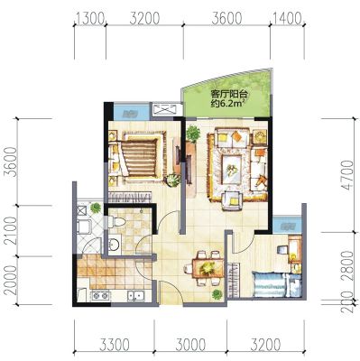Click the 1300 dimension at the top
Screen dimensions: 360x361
pyautogui.click(x=90, y=19)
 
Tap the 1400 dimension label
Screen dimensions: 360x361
pyautogui.click(x=286, y=19)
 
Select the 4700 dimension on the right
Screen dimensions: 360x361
pyautogui.click(x=348, y=175)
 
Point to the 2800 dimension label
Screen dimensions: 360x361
pyautogui.click(x=348, y=265)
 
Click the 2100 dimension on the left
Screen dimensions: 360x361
pyautogui.click(x=11, y=231)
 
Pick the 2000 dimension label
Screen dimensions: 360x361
pyautogui.click(x=11, y=281)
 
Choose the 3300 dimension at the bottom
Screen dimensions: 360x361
pyautogui.click(x=115, y=345)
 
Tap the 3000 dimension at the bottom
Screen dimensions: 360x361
pyautogui.click(x=190, y=345)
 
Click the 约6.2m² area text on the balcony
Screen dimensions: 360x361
pyautogui.click(x=227, y=104)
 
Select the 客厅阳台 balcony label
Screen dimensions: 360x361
pyautogui.click(x=229, y=95)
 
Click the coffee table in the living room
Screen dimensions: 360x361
pyautogui.click(x=232, y=170)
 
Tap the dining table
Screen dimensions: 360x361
pyautogui.click(x=208, y=268)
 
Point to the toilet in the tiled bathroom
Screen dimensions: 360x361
pyautogui.click(x=115, y=222)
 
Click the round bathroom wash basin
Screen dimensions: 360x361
pyautogui.click(x=114, y=244)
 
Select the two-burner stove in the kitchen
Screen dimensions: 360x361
pyautogui.click(x=100, y=295)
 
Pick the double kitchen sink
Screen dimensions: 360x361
pyautogui.click(x=135, y=296)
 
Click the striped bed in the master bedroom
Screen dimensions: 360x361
pyautogui.click(x=140, y=158)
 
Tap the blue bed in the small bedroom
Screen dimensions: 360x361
pyautogui.click(x=269, y=284)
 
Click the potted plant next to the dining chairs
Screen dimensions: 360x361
pyautogui.click(x=217, y=295)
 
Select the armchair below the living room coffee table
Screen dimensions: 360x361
pyautogui.click(x=232, y=201)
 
